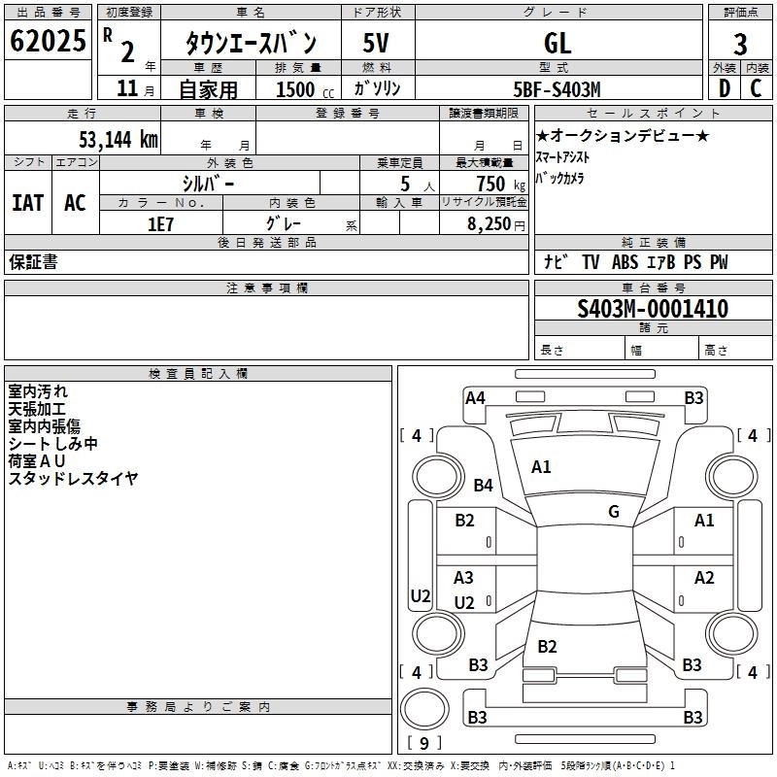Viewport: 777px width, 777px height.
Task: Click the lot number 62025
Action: tap(48, 42)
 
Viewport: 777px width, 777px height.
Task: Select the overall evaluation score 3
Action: tap(740, 44)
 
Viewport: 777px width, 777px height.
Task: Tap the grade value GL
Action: tap(557, 44)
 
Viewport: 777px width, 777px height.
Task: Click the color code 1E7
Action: tap(160, 222)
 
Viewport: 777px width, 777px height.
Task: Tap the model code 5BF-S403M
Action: tap(557, 89)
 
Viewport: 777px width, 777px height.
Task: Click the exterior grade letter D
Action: tap(724, 89)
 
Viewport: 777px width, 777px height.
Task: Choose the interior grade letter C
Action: tap(756, 89)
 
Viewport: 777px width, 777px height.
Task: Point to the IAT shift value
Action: tap(27, 203)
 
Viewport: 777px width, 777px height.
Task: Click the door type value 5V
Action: tap(377, 44)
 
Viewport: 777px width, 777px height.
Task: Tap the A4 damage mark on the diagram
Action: tap(475, 397)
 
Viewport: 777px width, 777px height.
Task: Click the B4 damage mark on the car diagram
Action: tap(484, 485)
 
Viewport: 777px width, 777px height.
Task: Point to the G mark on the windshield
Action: tap(614, 512)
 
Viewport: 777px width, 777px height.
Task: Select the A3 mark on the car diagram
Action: tap(464, 578)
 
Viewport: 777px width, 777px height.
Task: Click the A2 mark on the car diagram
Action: tap(704, 578)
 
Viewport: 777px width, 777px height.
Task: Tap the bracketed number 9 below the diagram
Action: tap(422, 743)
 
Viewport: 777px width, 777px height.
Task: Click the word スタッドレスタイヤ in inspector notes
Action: tap(73, 478)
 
